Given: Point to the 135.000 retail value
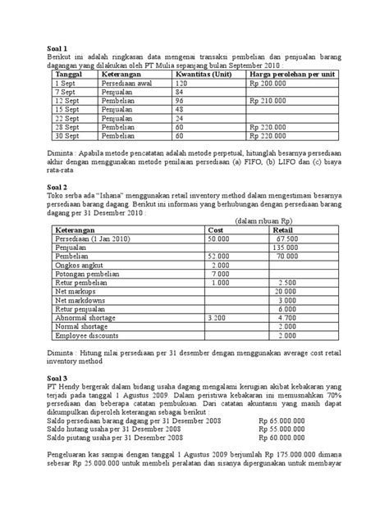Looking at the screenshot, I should [x=285, y=247].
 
